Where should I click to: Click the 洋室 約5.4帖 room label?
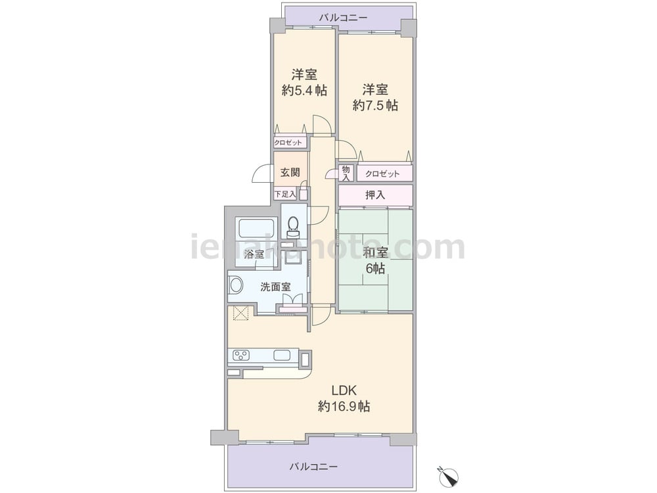click(x=304, y=83)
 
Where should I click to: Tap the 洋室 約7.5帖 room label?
click(x=375, y=97)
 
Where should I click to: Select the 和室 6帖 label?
click(x=375, y=260)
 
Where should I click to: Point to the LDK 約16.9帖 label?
click(x=344, y=398)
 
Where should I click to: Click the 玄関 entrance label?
click(x=290, y=172)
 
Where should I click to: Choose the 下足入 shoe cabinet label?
click(x=285, y=194)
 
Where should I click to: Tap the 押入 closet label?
click(x=375, y=195)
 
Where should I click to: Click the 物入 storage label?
click(x=346, y=173)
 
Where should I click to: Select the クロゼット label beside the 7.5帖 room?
click(x=382, y=174)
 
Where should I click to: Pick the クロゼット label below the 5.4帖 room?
click(x=288, y=143)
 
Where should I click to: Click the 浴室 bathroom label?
click(x=254, y=254)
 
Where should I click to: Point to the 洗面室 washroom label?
click(x=275, y=287)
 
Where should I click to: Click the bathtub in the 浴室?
click(x=256, y=229)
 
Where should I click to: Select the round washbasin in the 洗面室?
click(x=236, y=286)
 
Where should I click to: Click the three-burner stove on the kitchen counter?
click(x=241, y=356)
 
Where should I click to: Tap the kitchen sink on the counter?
click(x=282, y=355)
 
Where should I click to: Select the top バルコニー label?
click(x=343, y=18)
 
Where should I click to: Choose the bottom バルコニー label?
click(x=313, y=467)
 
